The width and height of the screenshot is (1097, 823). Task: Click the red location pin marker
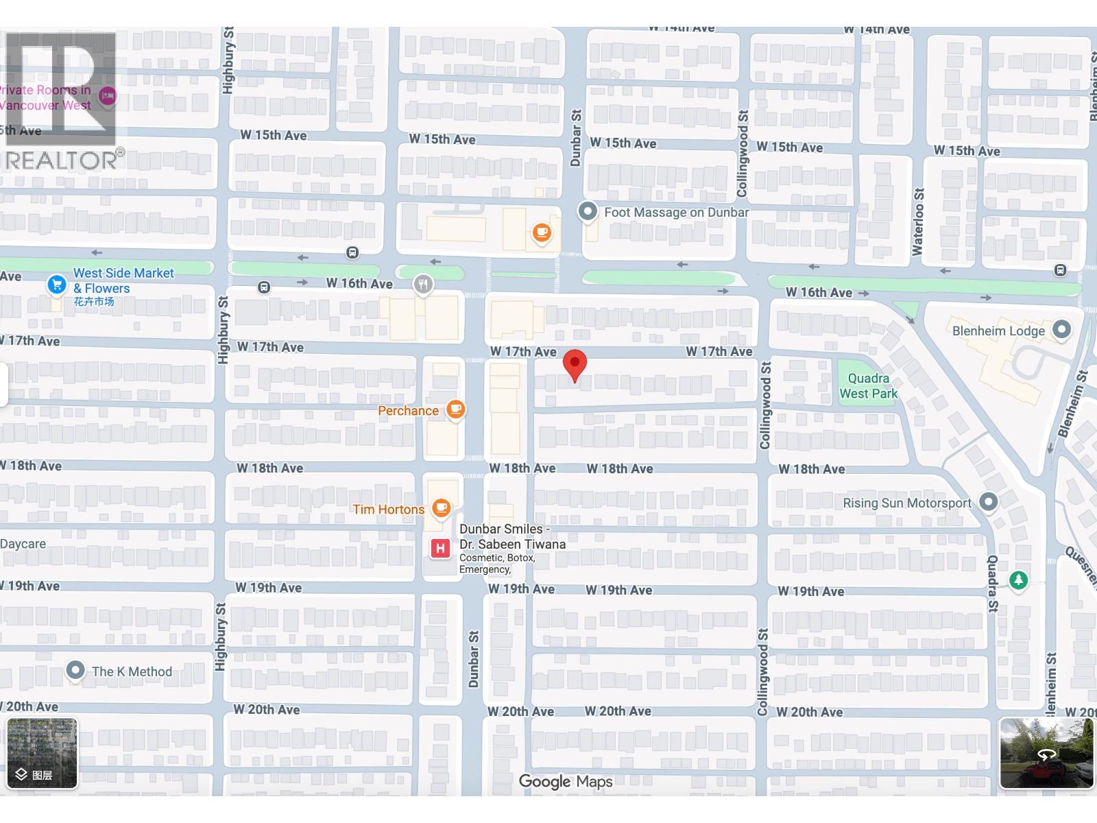(575, 364)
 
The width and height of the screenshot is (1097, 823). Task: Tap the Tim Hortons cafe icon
(442, 508)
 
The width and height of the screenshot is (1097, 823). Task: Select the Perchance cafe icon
(455, 410)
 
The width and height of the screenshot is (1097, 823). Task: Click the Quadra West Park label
(868, 385)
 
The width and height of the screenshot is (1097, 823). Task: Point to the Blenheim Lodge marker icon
(1061, 330)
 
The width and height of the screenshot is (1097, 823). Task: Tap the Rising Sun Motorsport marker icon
(988, 502)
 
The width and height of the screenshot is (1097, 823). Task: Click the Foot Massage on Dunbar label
(676, 212)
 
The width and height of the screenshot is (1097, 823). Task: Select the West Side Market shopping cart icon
(57, 284)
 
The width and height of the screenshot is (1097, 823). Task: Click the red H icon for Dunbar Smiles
(440, 548)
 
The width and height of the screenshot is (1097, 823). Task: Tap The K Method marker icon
(75, 670)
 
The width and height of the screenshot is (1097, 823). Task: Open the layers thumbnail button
(43, 753)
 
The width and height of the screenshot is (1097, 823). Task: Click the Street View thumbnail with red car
(1046, 753)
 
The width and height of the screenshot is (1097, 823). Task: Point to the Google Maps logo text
(566, 781)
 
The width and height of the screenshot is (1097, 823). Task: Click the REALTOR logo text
(62, 160)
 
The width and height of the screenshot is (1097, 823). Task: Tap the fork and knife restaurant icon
(424, 284)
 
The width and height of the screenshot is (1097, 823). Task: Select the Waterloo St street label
(918, 222)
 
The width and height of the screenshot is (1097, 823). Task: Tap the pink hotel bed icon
(108, 97)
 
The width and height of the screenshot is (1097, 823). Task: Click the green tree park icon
(1019, 580)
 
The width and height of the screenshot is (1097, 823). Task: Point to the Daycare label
(23, 544)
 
